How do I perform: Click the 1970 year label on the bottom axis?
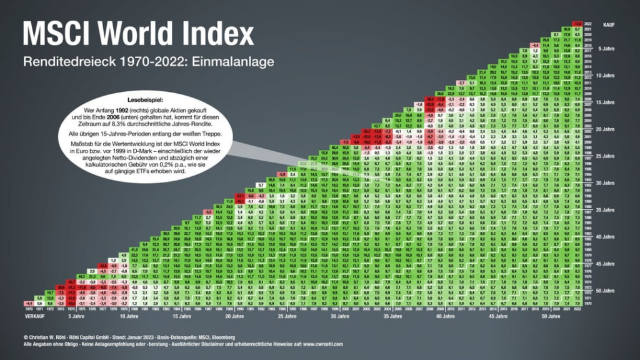click(29, 309)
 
